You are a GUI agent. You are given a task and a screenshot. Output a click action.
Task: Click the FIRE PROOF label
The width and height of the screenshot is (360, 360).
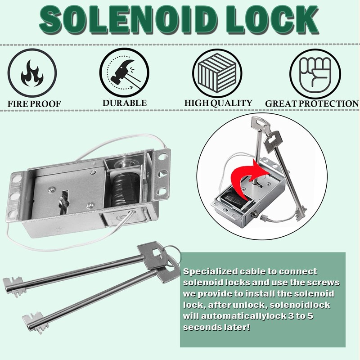(x=34, y=104)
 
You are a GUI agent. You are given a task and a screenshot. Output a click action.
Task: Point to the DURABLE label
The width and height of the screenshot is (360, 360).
(x=124, y=103)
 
